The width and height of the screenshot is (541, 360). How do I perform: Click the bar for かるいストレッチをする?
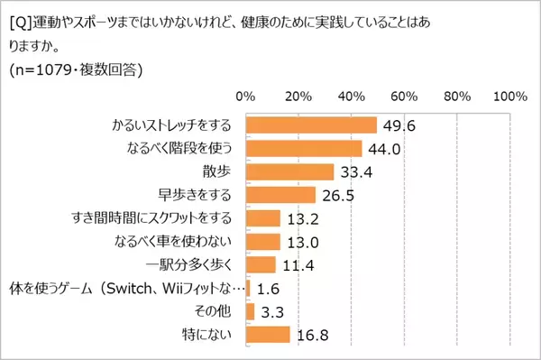click(311, 125)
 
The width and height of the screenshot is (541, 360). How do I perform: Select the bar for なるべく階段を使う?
click(303, 148)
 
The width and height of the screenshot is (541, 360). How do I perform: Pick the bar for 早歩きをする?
click(280, 195)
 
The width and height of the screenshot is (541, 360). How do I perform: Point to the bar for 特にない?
click(268, 336)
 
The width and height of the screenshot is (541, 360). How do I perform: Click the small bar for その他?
click(250, 312)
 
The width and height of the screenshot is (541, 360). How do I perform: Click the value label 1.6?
click(266, 289)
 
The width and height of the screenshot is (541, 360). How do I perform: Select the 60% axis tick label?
click(404, 96)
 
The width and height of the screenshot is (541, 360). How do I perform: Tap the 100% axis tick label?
click(509, 96)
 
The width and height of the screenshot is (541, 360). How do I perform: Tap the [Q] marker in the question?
click(17, 15)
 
